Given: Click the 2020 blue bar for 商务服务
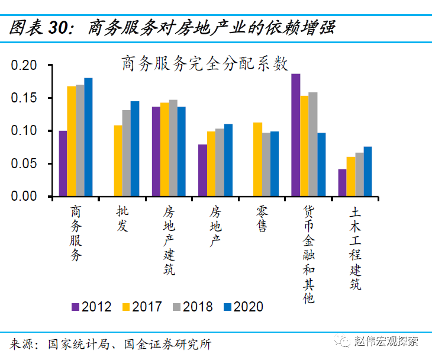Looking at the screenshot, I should pos(88,137).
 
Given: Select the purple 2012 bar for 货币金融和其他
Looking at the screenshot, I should pos(296,135).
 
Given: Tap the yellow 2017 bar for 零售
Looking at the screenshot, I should pos(257,159).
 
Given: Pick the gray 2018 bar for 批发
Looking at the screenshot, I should pos(126,153).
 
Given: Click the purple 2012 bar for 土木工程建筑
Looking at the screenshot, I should pos(342,183).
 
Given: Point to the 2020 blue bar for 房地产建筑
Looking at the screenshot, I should pos(182,152).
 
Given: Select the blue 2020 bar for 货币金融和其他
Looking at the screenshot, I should pos(321,165).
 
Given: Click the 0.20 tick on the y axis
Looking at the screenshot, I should pos(24,65).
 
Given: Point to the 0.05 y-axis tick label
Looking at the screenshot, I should pos(24,163).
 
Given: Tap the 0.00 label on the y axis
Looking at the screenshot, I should pos(24,196).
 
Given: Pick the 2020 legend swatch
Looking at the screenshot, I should pos(227,307).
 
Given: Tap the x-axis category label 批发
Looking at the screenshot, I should pos(122,218).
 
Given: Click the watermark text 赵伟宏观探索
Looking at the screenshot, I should pos(386,342).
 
